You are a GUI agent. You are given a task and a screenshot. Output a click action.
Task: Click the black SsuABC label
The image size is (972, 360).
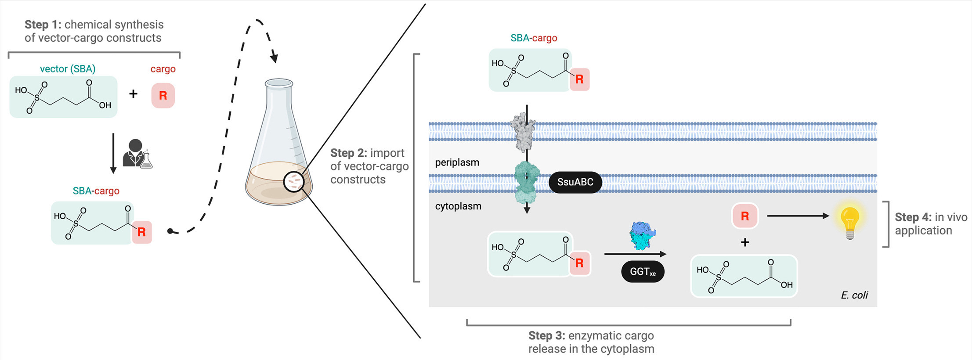(x=575, y=182)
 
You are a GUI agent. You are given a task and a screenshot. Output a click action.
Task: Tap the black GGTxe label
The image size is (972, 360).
(x=643, y=272)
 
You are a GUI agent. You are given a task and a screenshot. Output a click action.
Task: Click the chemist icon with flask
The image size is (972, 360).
(x=137, y=154)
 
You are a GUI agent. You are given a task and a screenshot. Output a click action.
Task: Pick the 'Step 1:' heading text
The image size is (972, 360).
(x=43, y=25)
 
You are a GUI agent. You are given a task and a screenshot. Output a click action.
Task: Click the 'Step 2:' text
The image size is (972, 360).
(x=349, y=153)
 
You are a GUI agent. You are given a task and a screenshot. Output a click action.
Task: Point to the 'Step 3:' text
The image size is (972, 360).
(x=546, y=336)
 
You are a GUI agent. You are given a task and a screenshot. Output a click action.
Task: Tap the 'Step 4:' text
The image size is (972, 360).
(x=913, y=217)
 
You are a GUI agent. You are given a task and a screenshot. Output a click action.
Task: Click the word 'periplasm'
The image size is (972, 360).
(x=457, y=162)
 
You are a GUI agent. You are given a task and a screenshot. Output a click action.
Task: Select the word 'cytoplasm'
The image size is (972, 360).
(x=458, y=206)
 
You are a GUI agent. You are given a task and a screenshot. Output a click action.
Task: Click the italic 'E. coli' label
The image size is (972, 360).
(x=854, y=295)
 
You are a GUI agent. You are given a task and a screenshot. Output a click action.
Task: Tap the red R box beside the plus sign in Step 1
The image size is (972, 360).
(x=163, y=96)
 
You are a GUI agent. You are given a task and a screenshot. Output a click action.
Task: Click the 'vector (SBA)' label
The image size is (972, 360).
(x=68, y=69)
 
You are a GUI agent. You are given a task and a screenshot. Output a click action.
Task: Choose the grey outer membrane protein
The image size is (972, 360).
(x=523, y=131)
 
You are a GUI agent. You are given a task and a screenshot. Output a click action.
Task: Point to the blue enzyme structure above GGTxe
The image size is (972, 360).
(x=642, y=235)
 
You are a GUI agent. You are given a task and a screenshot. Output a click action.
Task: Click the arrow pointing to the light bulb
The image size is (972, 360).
(x=797, y=216)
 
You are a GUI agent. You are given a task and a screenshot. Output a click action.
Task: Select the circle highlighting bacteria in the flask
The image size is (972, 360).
(x=294, y=182)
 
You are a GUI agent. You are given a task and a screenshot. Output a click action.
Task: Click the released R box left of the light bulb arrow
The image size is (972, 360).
(x=744, y=216)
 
